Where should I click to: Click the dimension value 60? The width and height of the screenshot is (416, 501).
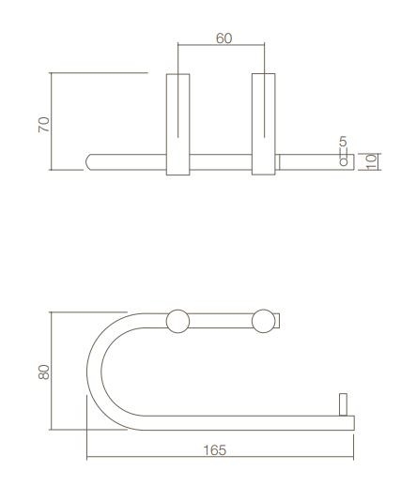(223, 38)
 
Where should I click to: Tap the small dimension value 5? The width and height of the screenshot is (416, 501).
(343, 142)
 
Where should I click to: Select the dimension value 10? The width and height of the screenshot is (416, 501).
(372, 160)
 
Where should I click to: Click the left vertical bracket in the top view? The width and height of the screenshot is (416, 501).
(178, 122)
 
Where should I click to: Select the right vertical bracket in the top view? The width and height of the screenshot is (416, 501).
(265, 122)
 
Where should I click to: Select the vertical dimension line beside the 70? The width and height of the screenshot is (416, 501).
(52, 122)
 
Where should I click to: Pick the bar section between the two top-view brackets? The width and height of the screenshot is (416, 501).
(222, 160)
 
